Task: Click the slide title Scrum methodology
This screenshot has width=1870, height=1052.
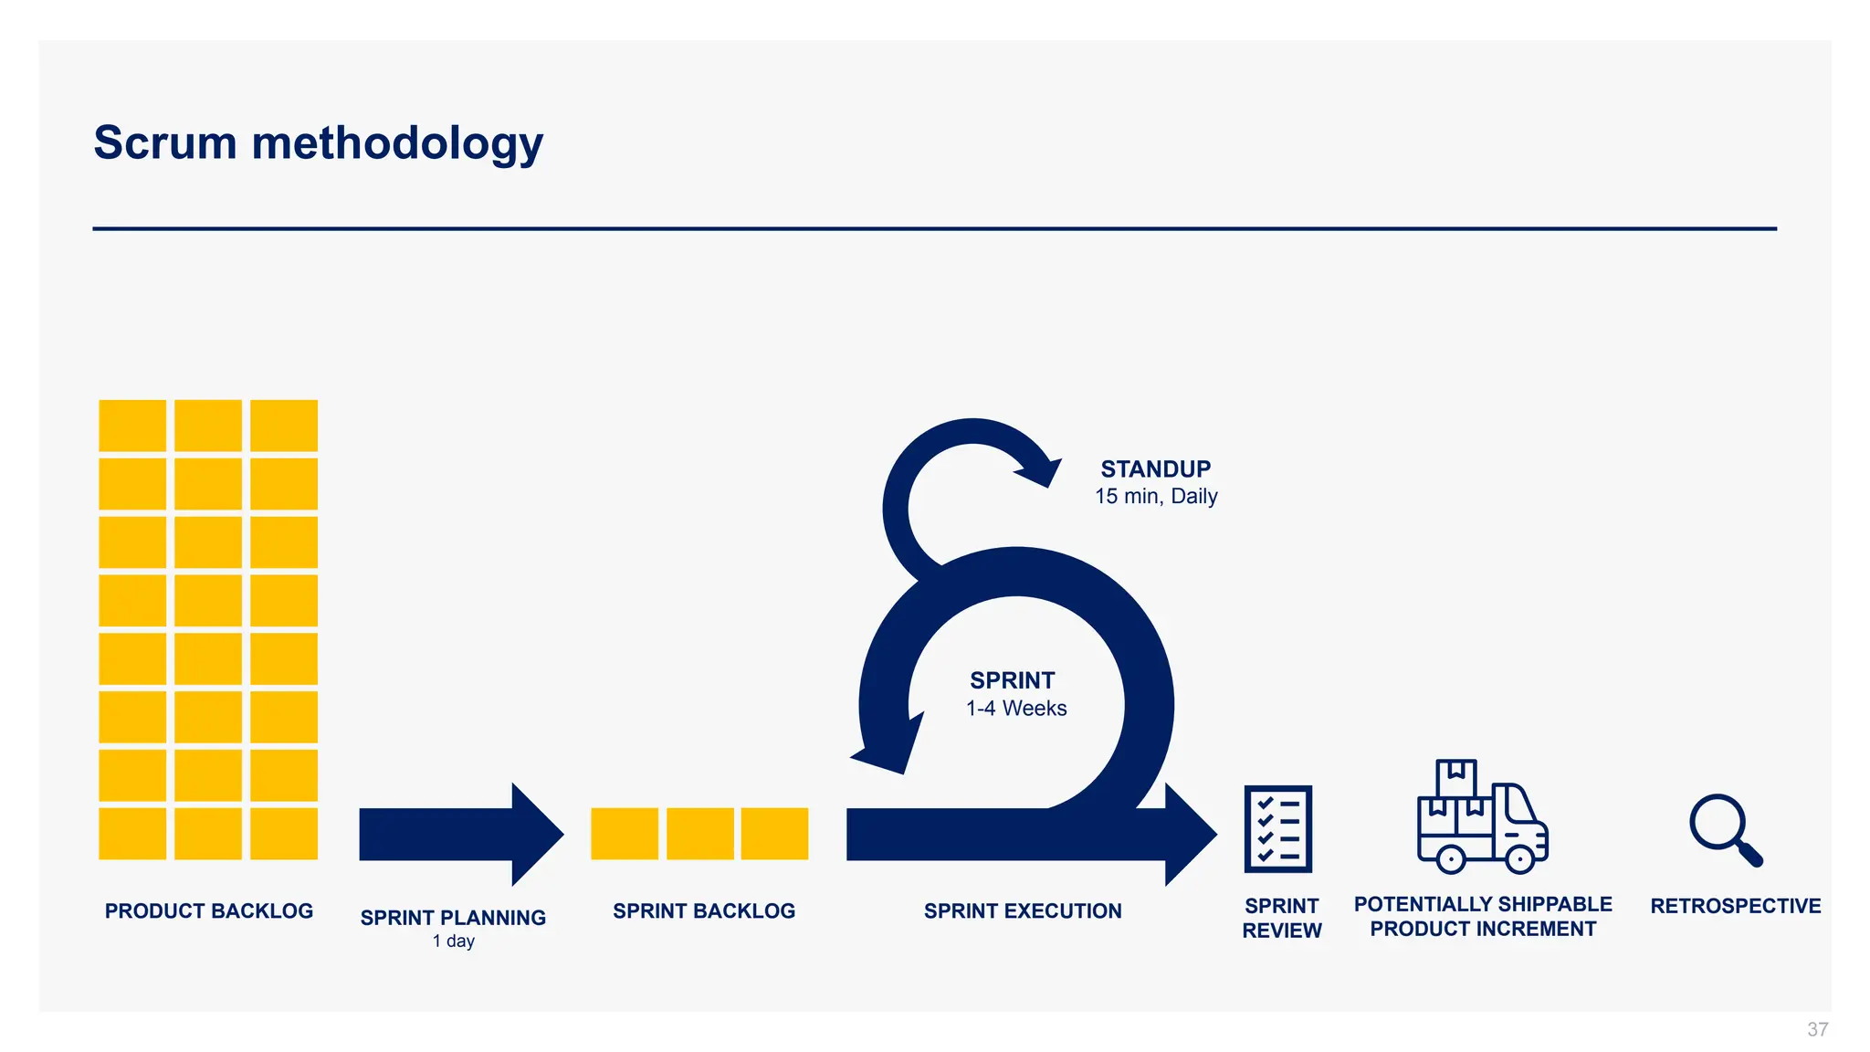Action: coord(318,143)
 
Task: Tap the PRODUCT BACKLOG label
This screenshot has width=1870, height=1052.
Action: coord(209,910)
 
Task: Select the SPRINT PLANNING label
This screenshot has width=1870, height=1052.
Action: coord(453,917)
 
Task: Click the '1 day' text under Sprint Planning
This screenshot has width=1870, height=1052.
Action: coord(454,941)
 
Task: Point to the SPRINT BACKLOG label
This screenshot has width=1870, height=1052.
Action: coord(704,910)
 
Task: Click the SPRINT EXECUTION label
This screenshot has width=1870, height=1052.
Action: coord(1023,910)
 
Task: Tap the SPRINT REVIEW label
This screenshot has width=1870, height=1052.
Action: coord(1282,918)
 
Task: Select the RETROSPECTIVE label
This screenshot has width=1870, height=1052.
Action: coord(1735,906)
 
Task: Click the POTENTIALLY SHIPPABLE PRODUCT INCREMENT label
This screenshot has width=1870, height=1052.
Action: coord(1483,916)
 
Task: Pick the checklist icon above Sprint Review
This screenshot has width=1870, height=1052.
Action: coord(1277,828)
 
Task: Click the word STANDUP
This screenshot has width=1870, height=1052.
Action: coord(1155,469)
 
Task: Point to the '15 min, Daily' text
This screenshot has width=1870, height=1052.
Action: coord(1156,496)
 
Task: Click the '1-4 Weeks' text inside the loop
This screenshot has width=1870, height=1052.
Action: coord(1016,708)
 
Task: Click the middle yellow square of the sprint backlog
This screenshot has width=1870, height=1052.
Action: coord(699,834)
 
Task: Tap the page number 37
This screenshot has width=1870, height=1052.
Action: coord(1817,1029)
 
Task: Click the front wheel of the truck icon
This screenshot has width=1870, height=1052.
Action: coord(1519,858)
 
